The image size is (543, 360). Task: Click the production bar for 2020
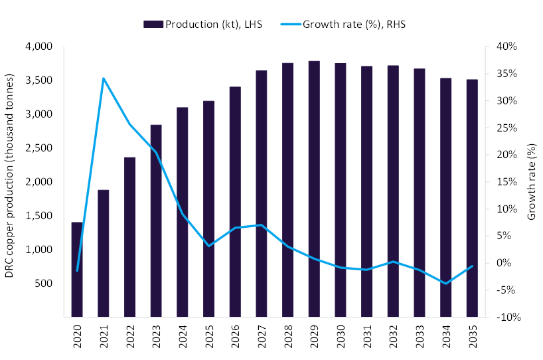click(x=77, y=269)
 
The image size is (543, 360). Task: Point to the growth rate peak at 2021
click(x=104, y=78)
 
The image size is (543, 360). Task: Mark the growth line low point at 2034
click(x=445, y=284)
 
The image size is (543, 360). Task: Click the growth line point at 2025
click(x=208, y=246)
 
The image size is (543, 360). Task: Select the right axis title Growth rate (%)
click(x=531, y=181)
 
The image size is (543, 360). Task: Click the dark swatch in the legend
click(x=153, y=25)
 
